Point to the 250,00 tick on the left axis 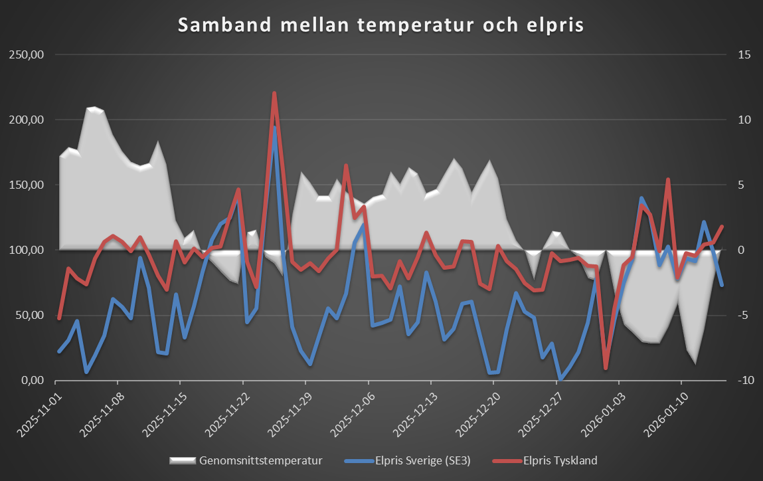point(25,55)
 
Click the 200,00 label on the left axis point(25,120)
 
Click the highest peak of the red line point(274,94)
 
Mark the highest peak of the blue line point(274,127)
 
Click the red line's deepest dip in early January point(606,368)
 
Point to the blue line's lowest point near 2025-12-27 point(560,379)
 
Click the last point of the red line point(722,227)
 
